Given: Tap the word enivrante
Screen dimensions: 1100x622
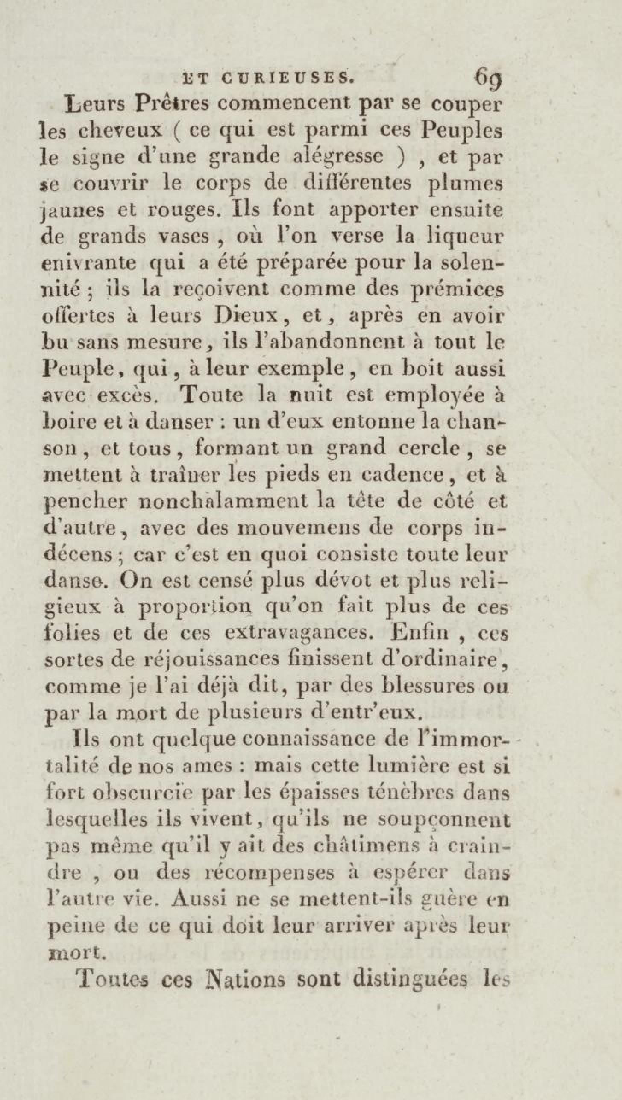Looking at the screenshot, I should point(90,263).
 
